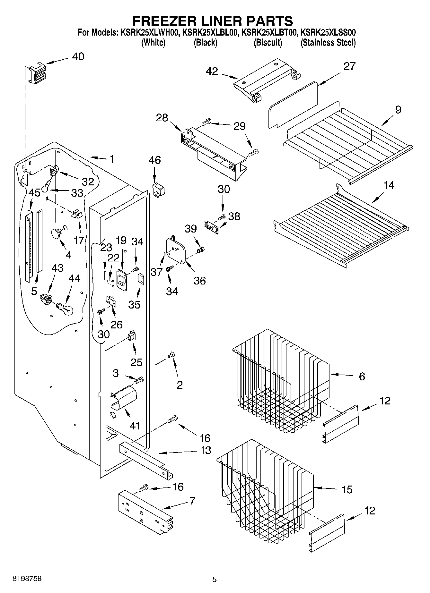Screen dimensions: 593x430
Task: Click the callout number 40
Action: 78,56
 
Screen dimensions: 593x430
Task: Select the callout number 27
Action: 349,66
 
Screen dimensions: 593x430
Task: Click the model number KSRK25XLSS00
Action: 328,32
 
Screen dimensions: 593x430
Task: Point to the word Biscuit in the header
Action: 268,43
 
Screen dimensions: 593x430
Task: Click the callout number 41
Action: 135,426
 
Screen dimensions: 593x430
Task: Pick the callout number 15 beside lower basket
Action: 347,489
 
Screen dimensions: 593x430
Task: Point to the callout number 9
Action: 398,110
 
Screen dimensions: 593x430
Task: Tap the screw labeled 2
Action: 171,355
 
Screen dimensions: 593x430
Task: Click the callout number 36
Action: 199,281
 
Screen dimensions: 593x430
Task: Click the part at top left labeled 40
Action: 37,74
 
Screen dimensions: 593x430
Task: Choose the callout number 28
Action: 162,118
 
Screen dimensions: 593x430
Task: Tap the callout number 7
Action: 192,501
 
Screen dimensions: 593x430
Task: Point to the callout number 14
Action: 389,185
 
